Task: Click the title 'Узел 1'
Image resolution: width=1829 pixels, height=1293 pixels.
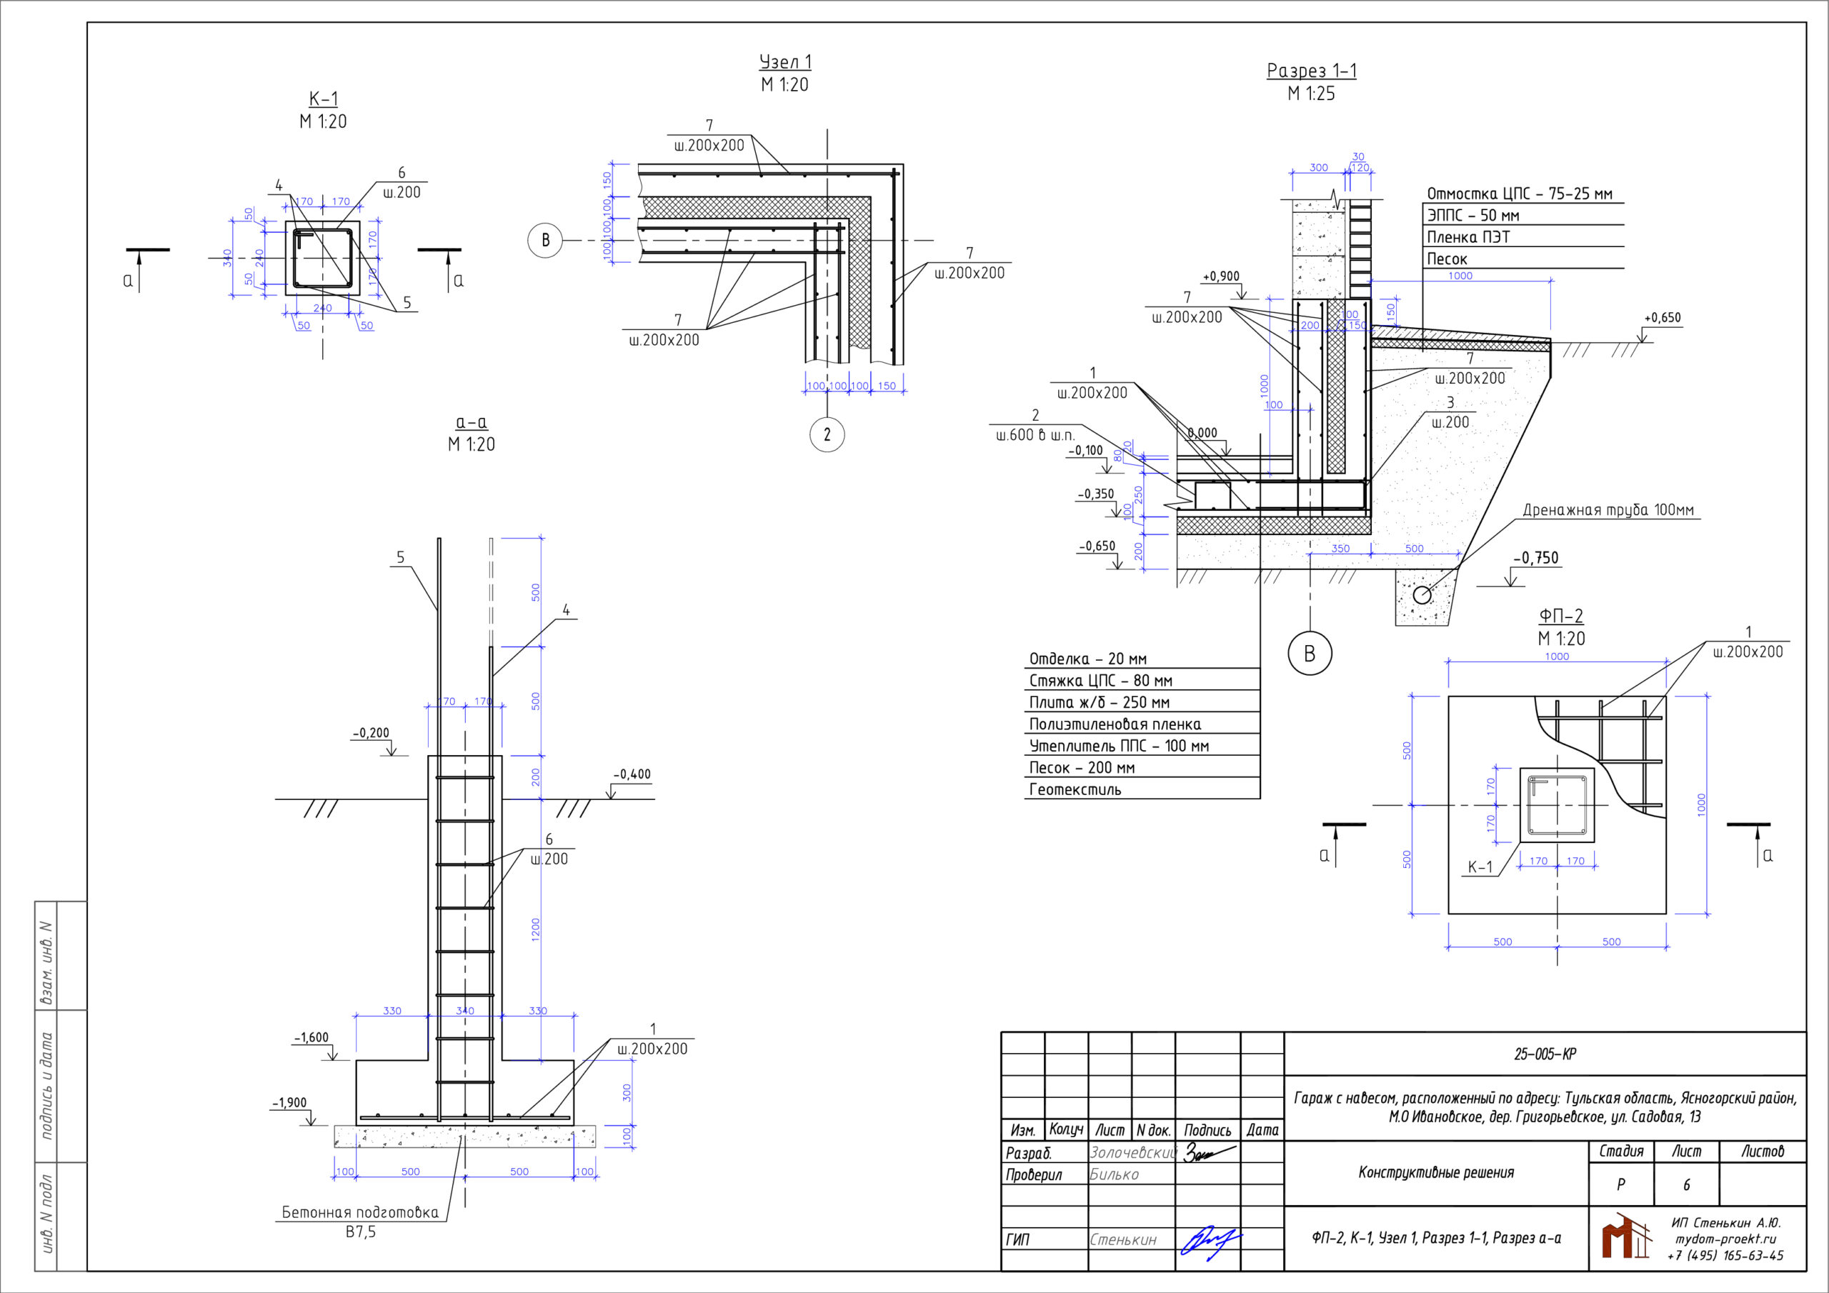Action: [784, 62]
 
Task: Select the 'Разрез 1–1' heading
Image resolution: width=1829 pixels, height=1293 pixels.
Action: [1311, 71]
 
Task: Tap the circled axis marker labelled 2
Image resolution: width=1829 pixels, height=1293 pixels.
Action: [827, 434]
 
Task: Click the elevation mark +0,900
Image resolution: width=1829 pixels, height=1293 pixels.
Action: [1220, 276]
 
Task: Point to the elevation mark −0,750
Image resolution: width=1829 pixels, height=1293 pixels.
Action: [1536, 558]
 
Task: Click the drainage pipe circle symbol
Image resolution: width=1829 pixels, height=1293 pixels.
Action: [1422, 594]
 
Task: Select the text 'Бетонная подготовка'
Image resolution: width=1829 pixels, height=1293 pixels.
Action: [360, 1212]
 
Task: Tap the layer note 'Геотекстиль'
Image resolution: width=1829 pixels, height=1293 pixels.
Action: [1075, 789]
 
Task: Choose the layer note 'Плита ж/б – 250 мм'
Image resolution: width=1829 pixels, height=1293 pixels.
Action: [1100, 703]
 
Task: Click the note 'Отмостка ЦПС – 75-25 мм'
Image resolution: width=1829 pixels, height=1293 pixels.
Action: [1519, 194]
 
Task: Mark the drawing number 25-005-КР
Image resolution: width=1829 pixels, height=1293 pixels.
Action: [1545, 1053]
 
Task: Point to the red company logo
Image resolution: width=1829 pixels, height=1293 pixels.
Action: [1626, 1237]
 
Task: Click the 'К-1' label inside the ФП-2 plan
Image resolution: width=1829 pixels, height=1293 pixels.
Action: [1480, 867]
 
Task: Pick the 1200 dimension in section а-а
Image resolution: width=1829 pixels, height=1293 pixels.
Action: [535, 929]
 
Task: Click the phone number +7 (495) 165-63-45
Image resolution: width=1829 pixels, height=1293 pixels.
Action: [1725, 1256]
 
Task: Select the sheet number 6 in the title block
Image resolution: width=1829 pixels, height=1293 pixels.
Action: [1686, 1185]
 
